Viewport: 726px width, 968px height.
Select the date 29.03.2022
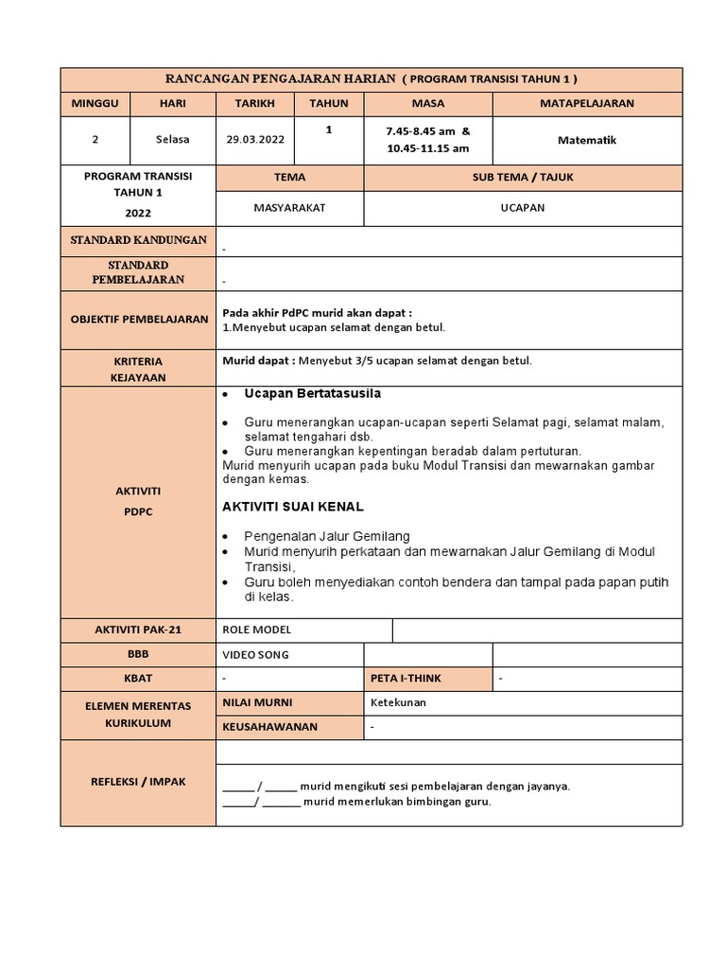(254, 139)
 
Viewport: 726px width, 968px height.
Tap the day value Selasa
(172, 139)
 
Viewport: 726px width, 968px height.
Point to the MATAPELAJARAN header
(586, 103)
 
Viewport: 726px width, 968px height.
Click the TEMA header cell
(289, 177)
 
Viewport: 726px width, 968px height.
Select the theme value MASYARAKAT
(289, 208)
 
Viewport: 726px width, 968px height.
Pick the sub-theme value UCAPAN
(522, 208)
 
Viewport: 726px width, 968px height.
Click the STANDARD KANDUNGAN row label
(138, 240)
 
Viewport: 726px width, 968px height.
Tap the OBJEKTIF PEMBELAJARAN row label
(138, 320)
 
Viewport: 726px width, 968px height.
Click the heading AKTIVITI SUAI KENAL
(292, 507)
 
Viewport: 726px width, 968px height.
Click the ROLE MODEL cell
(257, 630)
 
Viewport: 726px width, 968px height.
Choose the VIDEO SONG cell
(255, 654)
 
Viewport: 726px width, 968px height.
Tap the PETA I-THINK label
(406, 678)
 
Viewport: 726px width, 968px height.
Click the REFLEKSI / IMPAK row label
(138, 782)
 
